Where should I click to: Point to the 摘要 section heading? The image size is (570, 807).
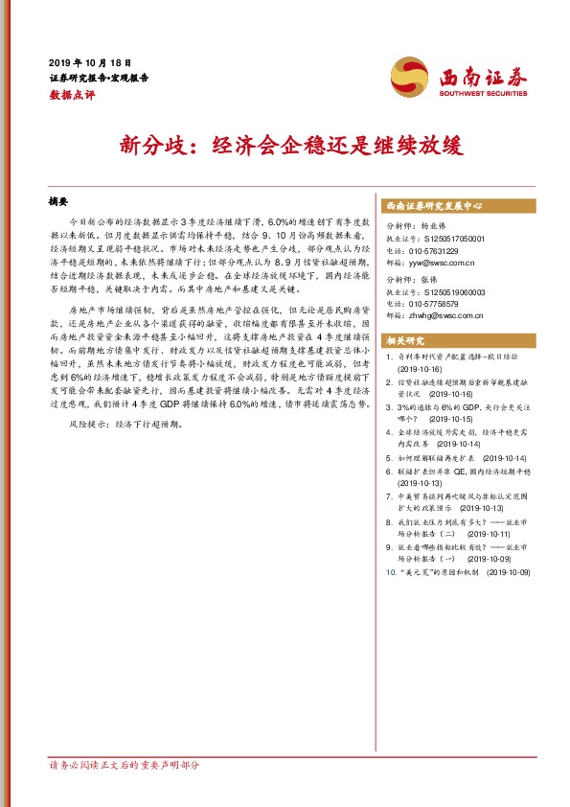click(59, 202)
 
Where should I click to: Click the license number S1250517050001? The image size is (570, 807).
click(455, 238)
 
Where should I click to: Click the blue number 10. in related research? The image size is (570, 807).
click(391, 572)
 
